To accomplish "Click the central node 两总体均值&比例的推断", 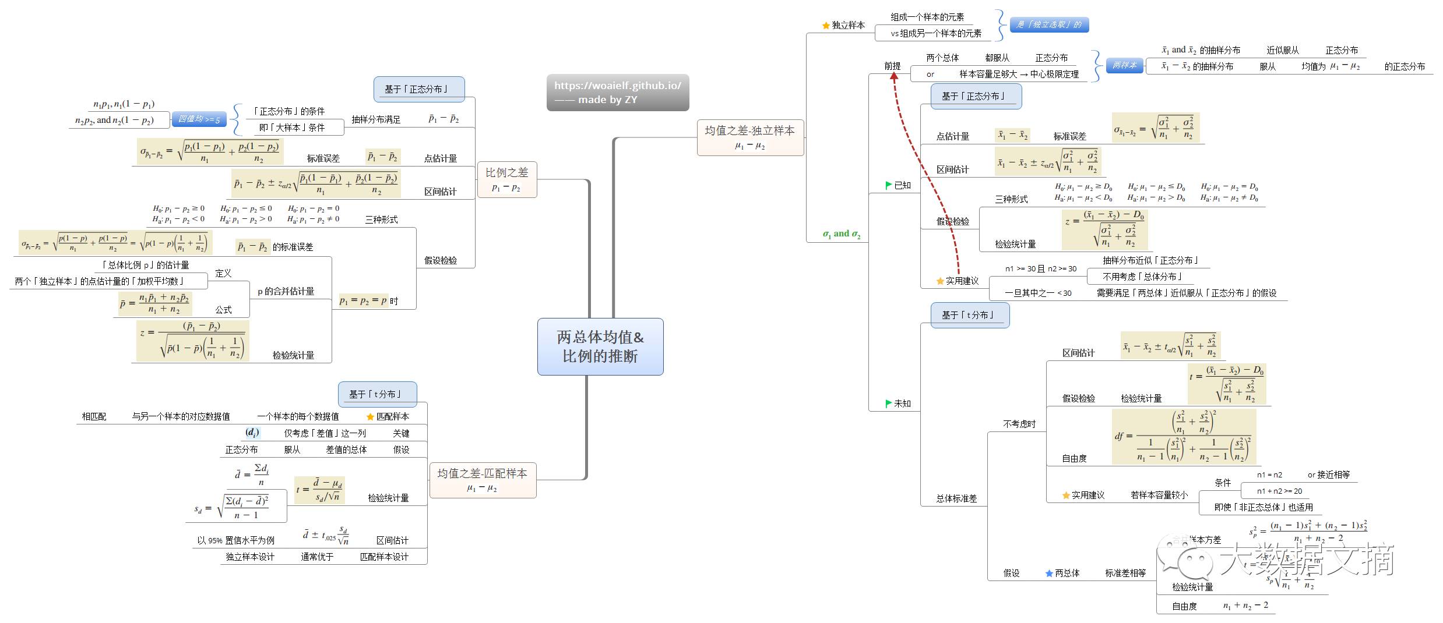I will coord(600,346).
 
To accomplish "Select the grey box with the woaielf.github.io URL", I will coord(618,92).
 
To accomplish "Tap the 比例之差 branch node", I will coord(506,179).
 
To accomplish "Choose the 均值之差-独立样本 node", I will coord(750,137).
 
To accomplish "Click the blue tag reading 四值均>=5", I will coord(199,119).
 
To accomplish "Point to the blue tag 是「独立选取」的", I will coord(1049,24).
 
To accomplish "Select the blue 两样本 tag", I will coord(1124,65).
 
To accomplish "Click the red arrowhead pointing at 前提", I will coord(894,75).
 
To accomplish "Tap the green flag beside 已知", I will coord(889,185).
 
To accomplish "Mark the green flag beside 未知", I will coord(889,403).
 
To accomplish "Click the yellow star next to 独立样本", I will coord(826,26).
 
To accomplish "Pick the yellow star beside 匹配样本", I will coord(370,417).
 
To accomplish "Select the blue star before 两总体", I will coord(1049,574).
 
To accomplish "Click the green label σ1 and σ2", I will coord(841,234).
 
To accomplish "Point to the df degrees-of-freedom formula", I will coord(1184,437).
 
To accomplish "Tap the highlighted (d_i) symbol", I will coord(252,433).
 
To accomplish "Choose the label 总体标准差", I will coord(956,498).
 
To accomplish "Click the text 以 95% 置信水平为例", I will coord(235,540).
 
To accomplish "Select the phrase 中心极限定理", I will coord(1054,75).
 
